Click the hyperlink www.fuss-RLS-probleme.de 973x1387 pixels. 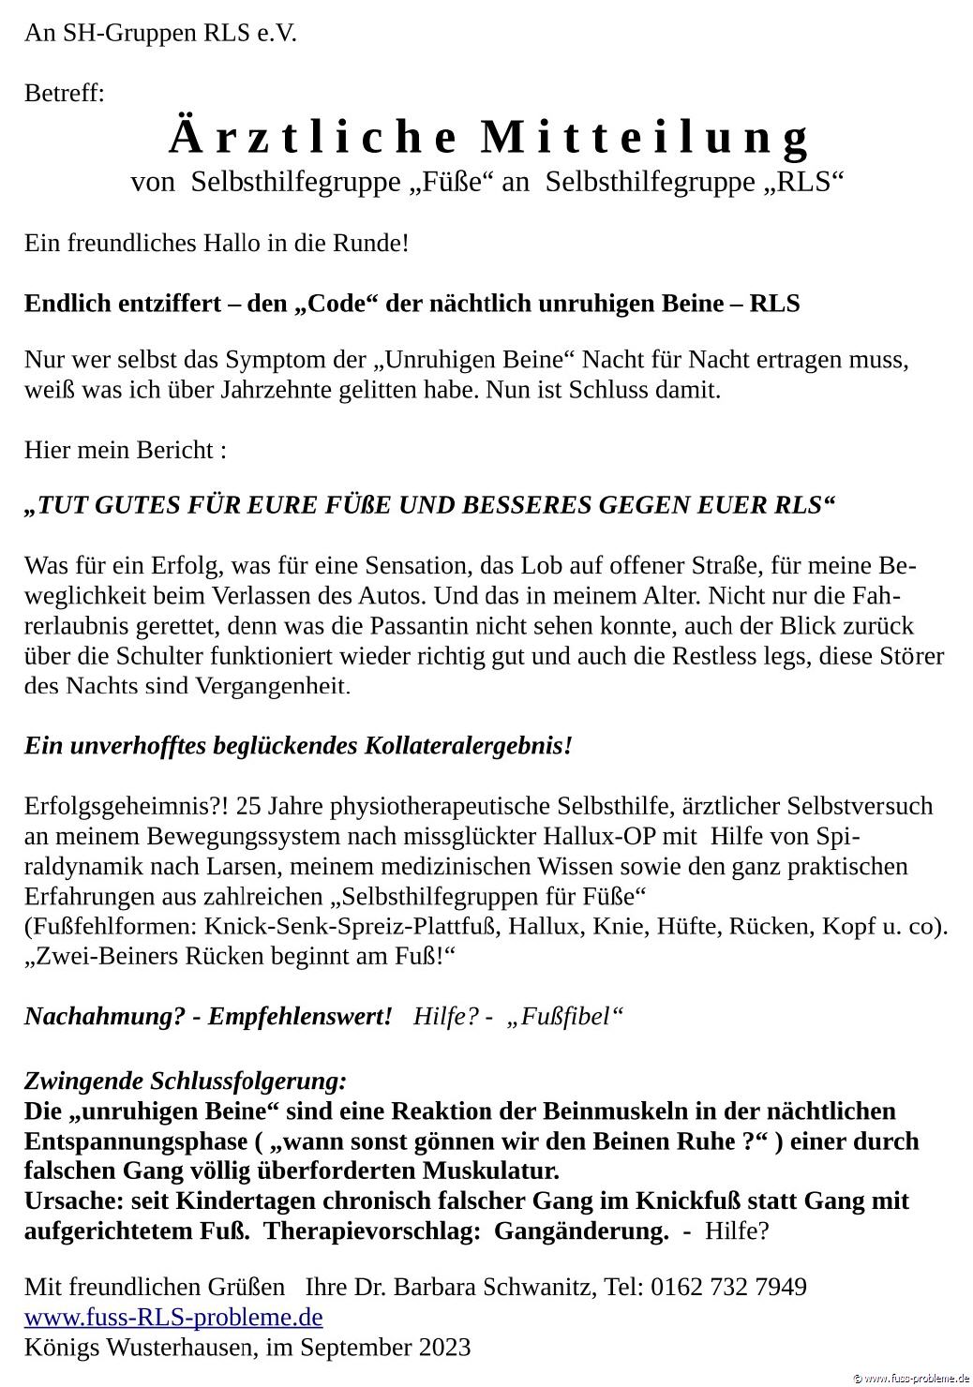[x=173, y=1318]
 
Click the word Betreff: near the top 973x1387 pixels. [x=64, y=94]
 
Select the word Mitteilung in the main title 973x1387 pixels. [x=644, y=138]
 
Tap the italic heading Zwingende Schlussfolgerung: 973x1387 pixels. [x=186, y=1081]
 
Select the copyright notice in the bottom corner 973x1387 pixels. [x=909, y=1378]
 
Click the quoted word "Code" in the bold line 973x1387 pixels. [x=337, y=304]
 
